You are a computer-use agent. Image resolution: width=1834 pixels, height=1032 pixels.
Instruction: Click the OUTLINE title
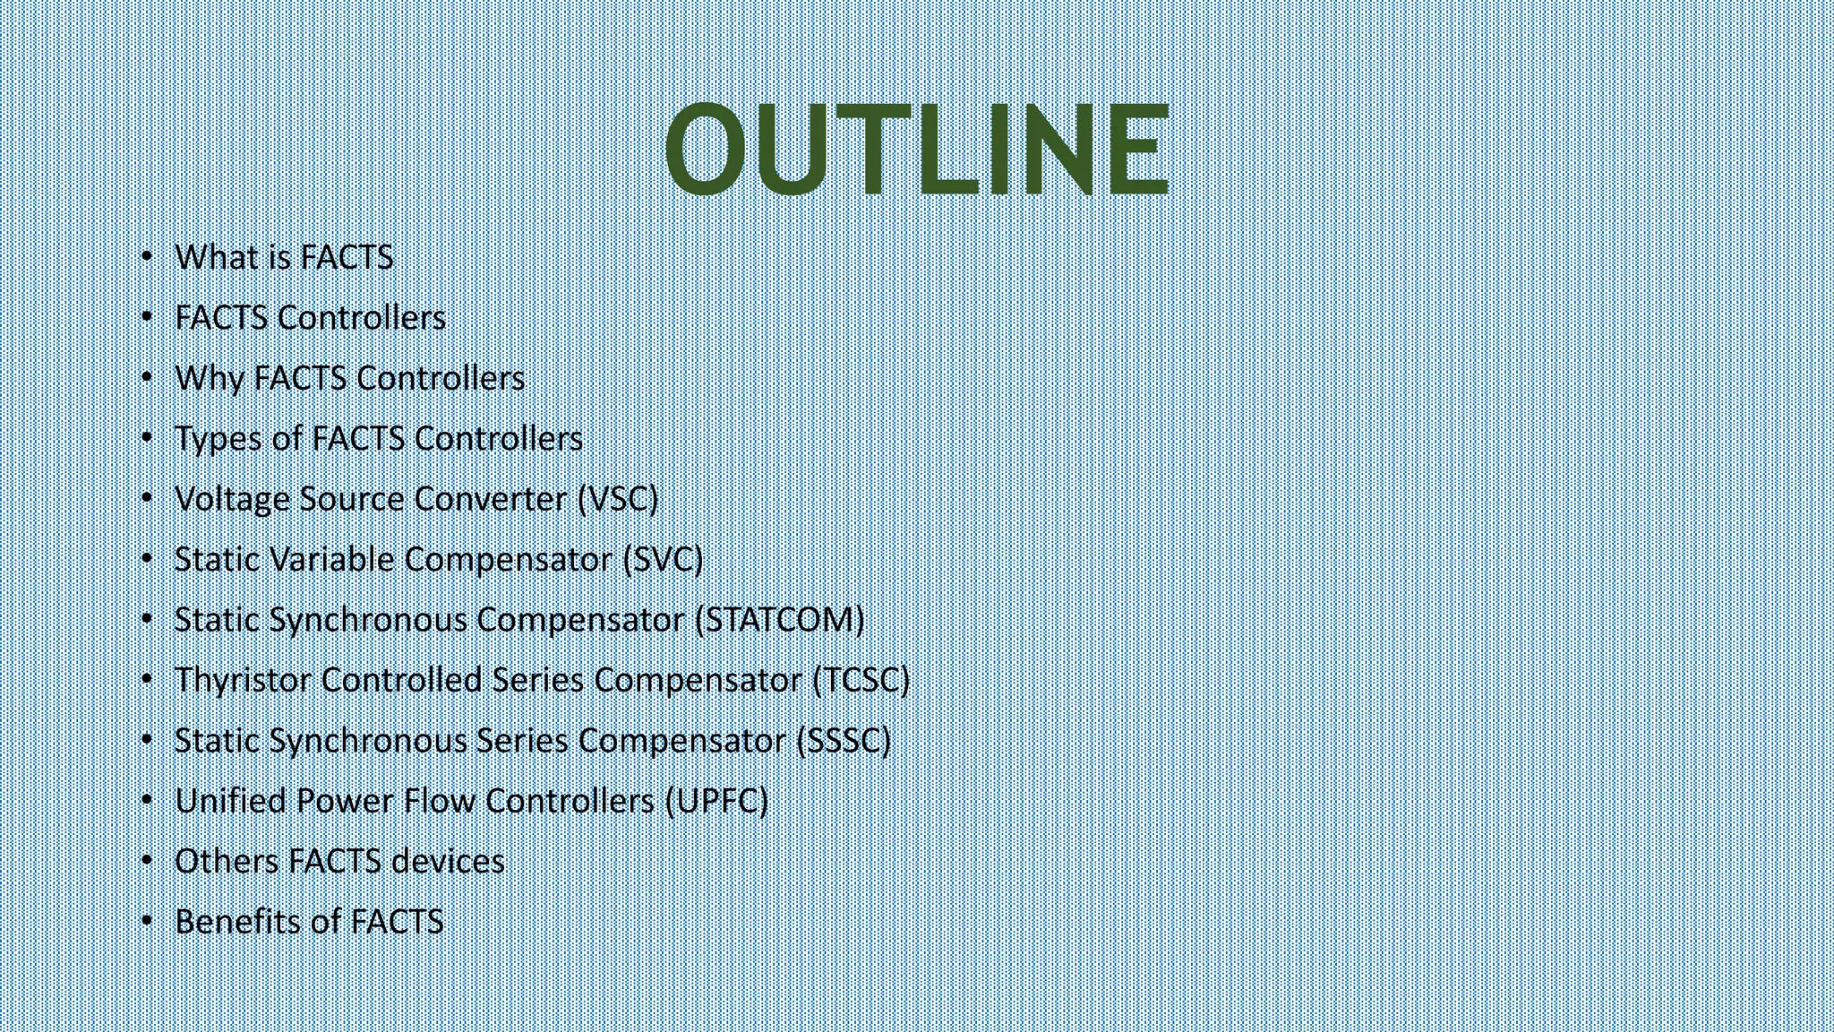916,149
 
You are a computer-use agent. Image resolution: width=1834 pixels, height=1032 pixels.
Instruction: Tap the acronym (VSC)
618,499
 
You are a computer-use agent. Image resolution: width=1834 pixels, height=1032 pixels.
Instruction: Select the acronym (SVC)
663,559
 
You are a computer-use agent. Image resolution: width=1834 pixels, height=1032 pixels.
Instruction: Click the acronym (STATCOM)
779,620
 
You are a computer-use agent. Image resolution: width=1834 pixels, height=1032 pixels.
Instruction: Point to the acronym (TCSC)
861,680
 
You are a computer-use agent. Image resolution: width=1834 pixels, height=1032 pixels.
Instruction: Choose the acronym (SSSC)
844,741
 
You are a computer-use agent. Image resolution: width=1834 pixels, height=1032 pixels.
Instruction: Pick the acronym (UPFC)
716,801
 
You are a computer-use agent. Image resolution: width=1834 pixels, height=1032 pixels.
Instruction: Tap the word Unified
230,801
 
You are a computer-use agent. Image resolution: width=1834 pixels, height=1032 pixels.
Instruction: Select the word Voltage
232,499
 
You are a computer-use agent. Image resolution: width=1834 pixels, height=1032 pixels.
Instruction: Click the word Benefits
233,921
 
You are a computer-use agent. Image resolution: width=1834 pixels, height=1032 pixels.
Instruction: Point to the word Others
227,861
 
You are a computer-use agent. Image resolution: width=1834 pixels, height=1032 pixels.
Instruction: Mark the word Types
217,439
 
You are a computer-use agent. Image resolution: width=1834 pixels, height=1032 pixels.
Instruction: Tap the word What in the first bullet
216,257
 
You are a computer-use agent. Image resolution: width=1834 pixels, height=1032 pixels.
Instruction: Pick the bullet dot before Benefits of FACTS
148,921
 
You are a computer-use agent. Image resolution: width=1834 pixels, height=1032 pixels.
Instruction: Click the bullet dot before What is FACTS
148,257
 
